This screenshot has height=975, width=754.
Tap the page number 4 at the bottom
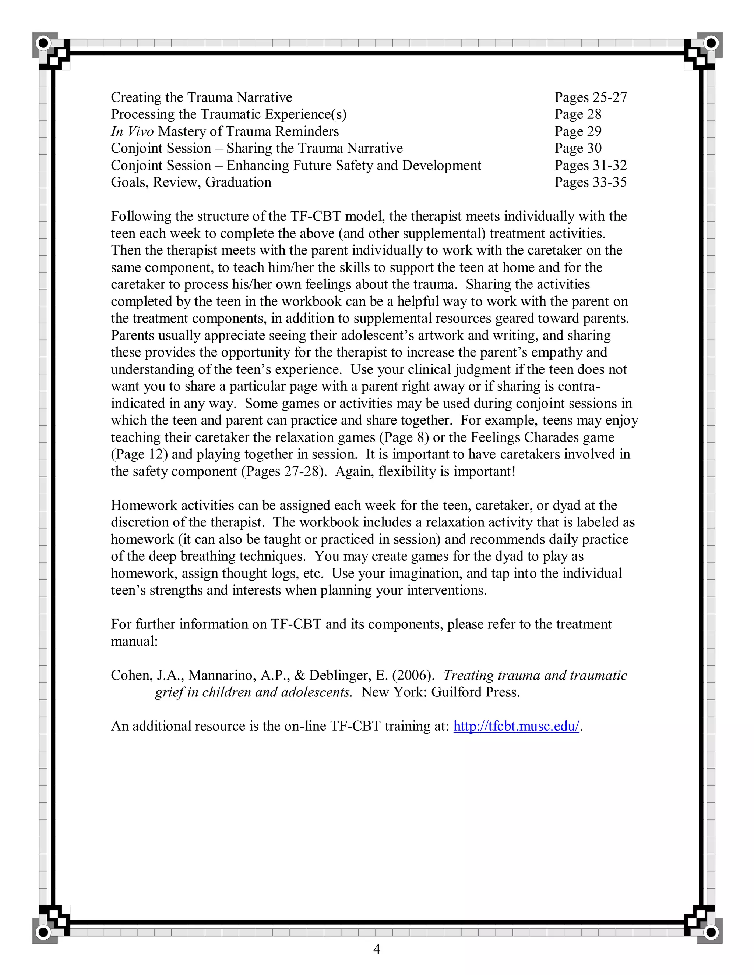click(x=377, y=949)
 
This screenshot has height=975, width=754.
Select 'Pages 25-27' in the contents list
click(x=591, y=97)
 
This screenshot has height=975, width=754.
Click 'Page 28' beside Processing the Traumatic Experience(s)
click(x=578, y=114)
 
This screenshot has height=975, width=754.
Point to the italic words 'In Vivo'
click(x=132, y=131)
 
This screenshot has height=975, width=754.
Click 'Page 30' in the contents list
click(x=578, y=148)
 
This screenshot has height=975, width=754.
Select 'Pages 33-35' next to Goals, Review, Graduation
click(x=591, y=182)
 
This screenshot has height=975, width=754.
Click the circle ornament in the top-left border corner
click(x=43, y=43)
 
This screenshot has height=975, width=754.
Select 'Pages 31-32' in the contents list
click(x=591, y=165)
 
